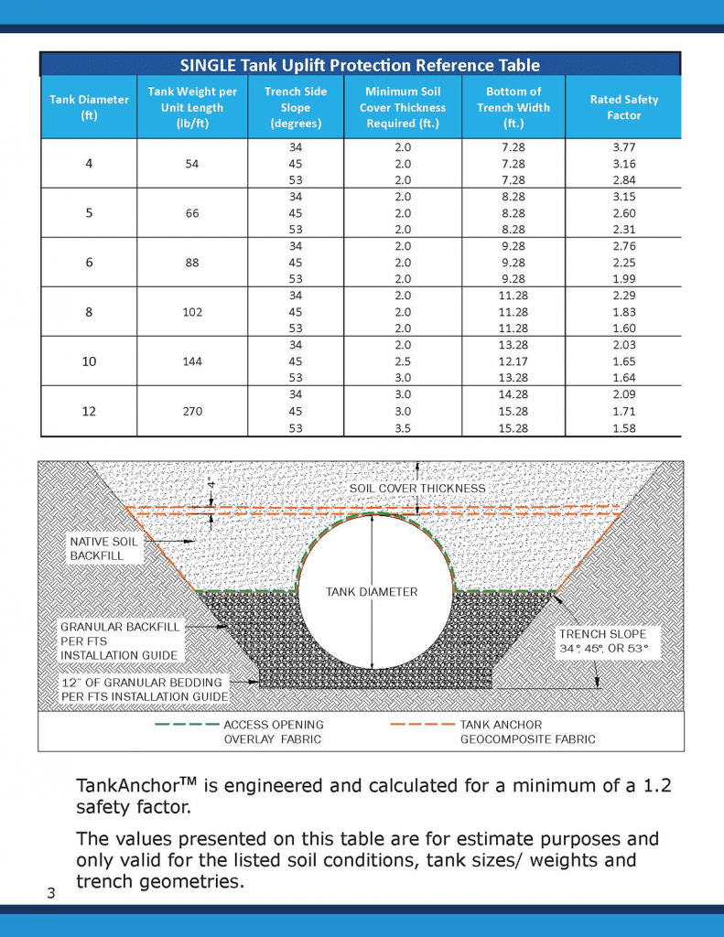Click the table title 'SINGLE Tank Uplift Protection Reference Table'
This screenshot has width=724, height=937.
pos(360,65)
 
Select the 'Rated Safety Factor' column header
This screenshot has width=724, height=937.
pos(622,107)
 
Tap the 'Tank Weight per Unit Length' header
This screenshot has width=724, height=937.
pos(192,107)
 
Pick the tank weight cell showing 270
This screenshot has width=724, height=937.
pos(192,412)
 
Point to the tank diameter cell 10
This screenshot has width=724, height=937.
pos(89,361)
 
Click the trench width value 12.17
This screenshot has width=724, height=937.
pos(513,361)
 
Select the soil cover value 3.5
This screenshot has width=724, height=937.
pos(403,428)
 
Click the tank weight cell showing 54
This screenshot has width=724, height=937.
pos(192,163)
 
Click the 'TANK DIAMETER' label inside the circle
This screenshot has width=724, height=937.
pos(372,592)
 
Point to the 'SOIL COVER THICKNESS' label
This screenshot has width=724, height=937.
pos(417,489)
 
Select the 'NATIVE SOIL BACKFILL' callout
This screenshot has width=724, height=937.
pos(103,549)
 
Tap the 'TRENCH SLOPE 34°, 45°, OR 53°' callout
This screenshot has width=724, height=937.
pos(602,641)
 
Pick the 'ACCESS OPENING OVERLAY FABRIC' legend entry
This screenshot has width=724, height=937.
pos(273,732)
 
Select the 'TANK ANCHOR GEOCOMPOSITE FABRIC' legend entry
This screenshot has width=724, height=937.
pos(526,732)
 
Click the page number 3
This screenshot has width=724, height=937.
pos(51,894)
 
